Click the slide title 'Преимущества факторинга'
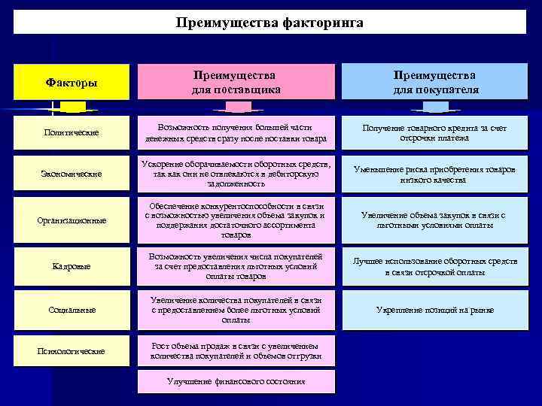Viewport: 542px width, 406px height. [269, 23]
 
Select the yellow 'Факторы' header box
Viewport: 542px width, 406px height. [72, 82]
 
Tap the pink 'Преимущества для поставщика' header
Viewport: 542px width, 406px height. [235, 82]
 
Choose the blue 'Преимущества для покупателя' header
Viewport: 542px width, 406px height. [435, 82]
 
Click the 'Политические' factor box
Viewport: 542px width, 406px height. [72, 133]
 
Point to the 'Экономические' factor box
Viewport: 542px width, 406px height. [72, 174]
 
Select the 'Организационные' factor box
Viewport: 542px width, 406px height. [72, 220]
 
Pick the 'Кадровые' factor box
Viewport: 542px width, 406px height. [72, 266]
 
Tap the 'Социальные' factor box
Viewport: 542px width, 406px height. [72, 309]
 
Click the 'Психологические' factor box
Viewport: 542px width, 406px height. [72, 351]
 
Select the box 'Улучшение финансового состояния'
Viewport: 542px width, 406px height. [235, 381]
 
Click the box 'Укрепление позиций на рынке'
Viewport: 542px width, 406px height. [435, 309]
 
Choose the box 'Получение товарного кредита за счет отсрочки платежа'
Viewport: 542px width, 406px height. [435, 133]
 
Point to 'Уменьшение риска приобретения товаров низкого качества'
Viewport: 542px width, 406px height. [435, 174]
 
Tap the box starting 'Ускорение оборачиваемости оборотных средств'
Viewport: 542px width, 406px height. [235, 174]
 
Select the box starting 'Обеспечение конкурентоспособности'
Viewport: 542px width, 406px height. [235, 220]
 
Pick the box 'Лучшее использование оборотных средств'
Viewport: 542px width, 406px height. [435, 266]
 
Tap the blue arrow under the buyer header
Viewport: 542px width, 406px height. [435, 107]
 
